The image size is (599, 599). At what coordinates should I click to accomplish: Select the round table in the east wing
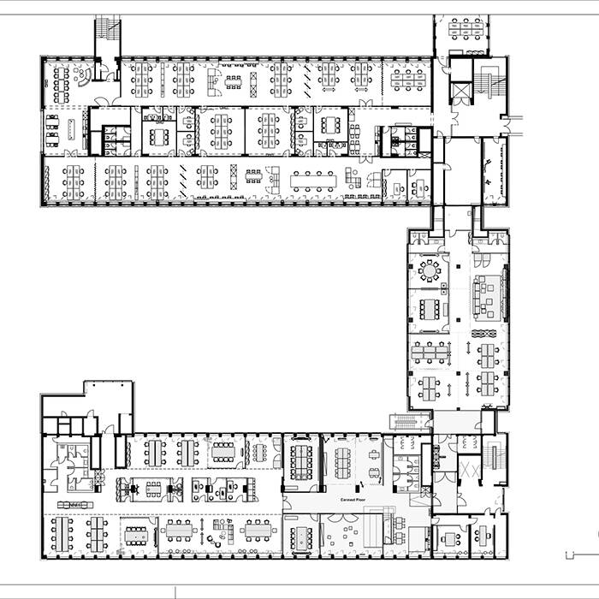tap(427, 271)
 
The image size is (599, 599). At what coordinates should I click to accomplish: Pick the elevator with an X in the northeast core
tap(461, 91)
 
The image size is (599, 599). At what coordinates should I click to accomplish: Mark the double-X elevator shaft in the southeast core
tap(468, 471)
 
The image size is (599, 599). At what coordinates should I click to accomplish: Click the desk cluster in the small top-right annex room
tap(466, 29)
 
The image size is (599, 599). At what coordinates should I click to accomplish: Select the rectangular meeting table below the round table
tap(429, 307)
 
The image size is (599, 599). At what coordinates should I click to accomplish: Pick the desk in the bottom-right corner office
tap(483, 537)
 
